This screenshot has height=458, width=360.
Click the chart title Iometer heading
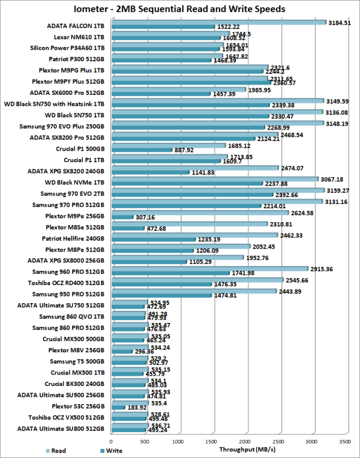[x=179, y=9]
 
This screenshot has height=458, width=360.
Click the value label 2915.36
[x=324, y=269]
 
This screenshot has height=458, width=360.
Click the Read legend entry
[x=56, y=450]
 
